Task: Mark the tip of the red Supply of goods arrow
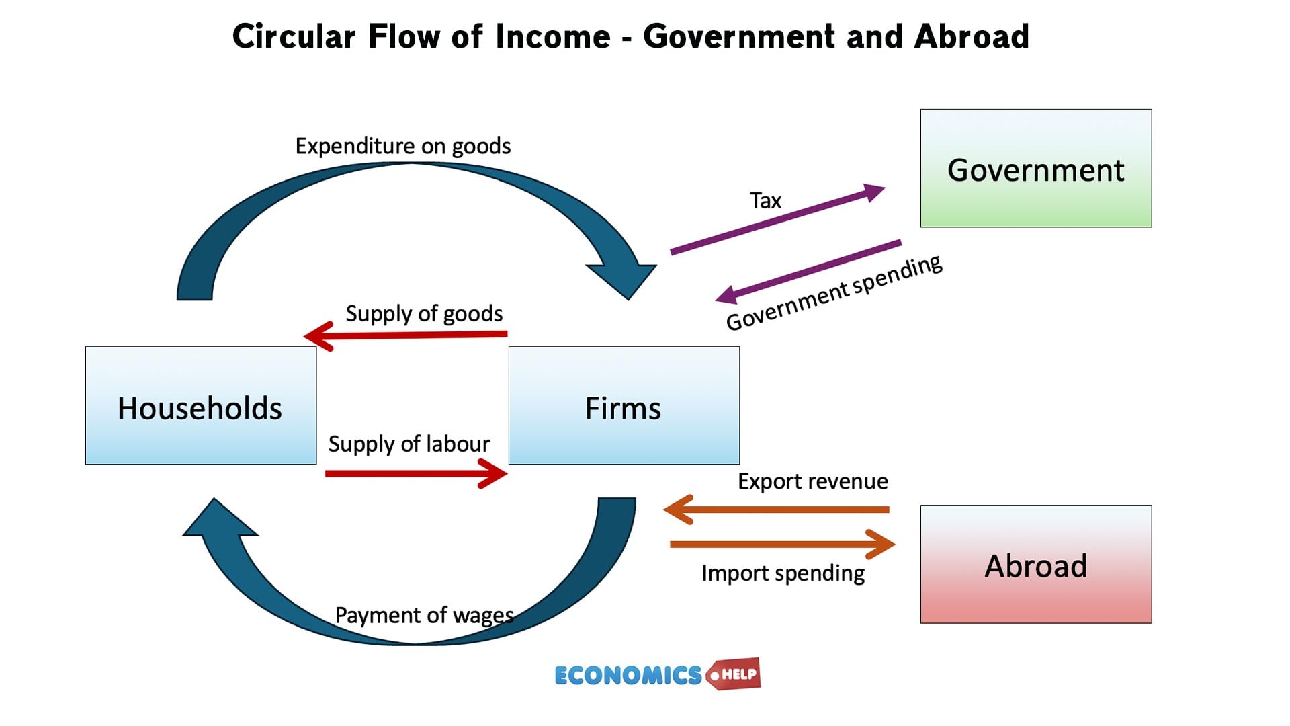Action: [304, 335]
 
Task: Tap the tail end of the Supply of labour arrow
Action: [326, 474]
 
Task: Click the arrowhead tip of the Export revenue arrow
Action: [664, 510]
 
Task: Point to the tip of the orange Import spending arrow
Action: [895, 544]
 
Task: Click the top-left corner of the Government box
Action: [921, 110]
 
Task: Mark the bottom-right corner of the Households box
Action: [316, 464]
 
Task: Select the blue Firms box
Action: [624, 405]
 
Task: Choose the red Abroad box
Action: [1036, 564]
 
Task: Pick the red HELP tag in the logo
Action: [734, 674]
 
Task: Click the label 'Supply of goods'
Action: [424, 314]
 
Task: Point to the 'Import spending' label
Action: [783, 573]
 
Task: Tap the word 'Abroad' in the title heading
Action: [971, 36]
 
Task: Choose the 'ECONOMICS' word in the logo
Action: [628, 675]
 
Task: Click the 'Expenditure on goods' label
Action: [403, 147]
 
